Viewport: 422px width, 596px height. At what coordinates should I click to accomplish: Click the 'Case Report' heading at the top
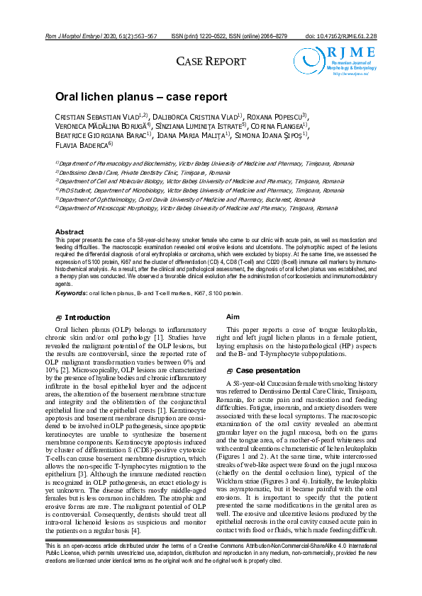211,62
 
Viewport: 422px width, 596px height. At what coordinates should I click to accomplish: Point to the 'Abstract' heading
70,232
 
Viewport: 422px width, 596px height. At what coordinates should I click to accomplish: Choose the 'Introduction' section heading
87,318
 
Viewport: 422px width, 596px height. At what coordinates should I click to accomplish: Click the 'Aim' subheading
233,317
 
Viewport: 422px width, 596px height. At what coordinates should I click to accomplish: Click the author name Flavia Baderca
82,145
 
